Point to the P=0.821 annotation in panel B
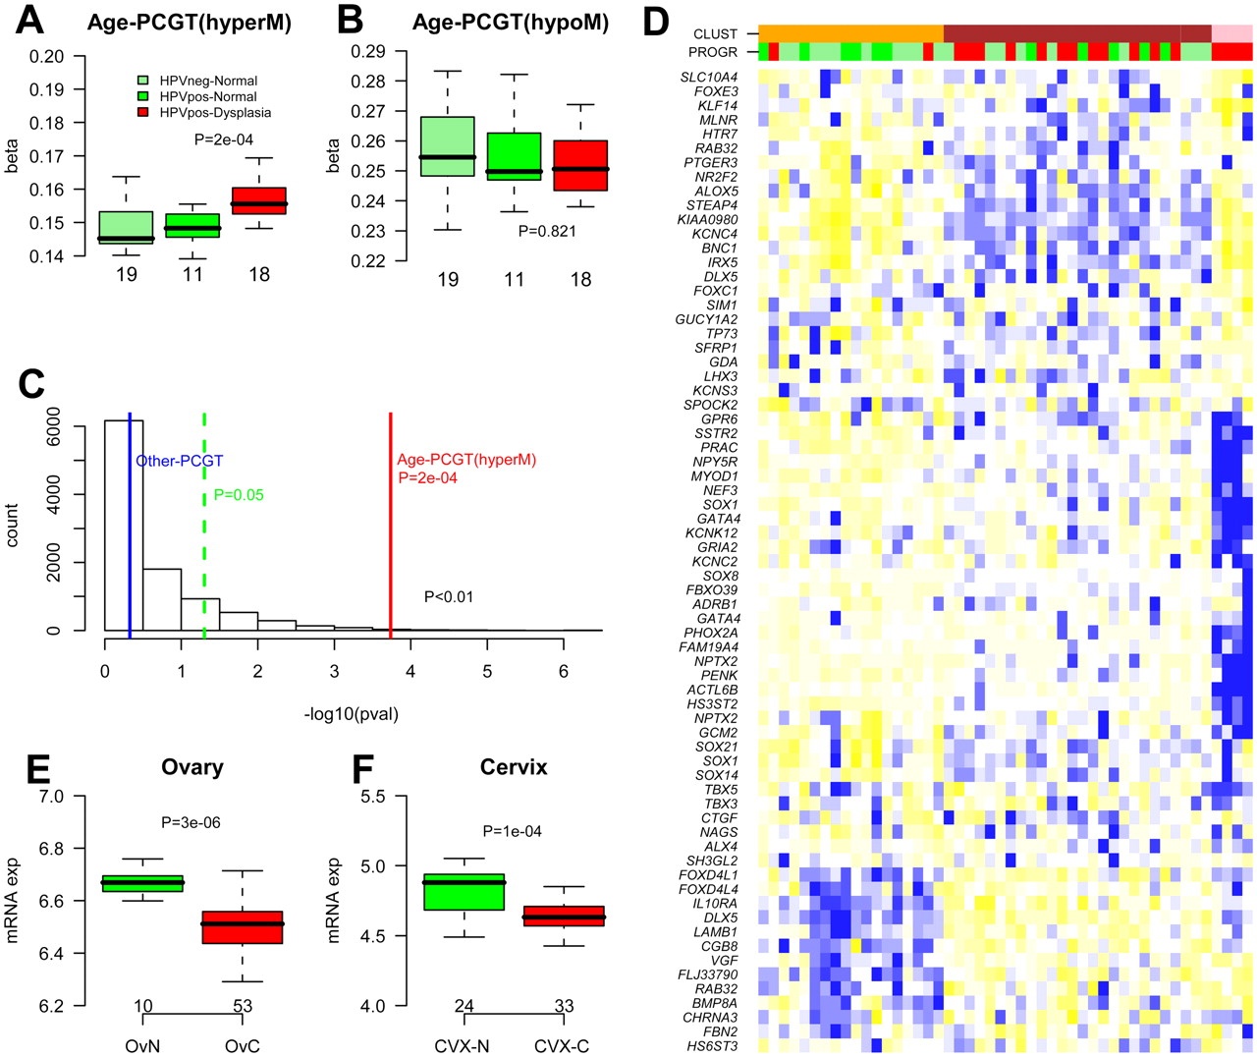pos(548,231)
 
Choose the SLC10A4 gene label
pos(709,77)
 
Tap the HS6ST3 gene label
pos(712,1046)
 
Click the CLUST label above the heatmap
pos(715,34)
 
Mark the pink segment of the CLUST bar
pos(1232,33)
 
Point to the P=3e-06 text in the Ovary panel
pos(191,822)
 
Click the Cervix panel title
pos(514,767)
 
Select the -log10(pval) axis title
pos(351,714)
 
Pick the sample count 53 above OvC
pos(242,1006)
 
